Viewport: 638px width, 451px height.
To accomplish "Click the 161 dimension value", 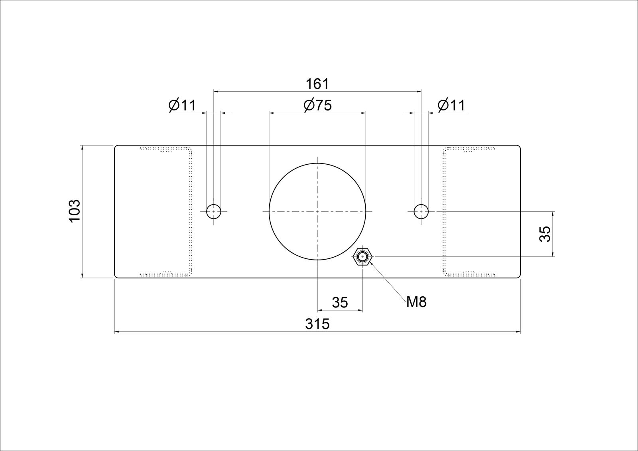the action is click(x=317, y=84).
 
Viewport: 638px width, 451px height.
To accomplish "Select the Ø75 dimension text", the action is click(x=317, y=105).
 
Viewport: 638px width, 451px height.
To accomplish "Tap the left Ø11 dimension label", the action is click(x=182, y=105).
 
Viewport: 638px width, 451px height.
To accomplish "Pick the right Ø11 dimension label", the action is click(x=451, y=105).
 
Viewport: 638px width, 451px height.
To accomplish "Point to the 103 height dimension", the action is click(x=75, y=211).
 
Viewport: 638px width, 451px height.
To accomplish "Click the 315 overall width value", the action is click(x=317, y=324).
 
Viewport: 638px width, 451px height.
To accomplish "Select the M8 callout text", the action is click(x=416, y=302).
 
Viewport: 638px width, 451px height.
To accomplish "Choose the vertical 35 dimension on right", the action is click(x=545, y=234).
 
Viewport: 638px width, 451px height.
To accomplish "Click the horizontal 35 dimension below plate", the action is click(x=340, y=303).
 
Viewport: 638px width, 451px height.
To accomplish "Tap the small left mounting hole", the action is click(x=214, y=211).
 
